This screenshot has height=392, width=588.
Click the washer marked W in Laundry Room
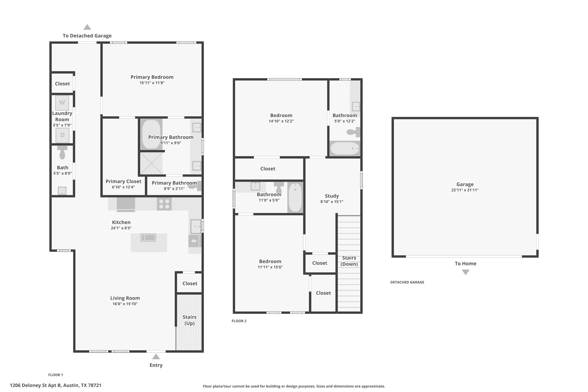point(62,103)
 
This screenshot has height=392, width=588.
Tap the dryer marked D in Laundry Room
point(62,135)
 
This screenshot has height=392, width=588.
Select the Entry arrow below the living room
point(156,357)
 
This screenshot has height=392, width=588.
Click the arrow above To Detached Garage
point(87,27)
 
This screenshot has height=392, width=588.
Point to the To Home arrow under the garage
point(465,272)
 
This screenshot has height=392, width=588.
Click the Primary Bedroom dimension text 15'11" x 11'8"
point(152,83)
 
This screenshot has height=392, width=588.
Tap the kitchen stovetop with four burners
point(164,204)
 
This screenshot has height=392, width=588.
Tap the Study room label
point(332,196)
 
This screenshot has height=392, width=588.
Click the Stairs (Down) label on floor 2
point(349,261)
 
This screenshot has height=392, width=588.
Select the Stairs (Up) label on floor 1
point(189,320)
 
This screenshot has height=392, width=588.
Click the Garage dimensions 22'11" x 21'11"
point(465,190)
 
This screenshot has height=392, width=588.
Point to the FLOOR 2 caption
point(239,321)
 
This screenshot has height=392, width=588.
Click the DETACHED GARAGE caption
point(407,282)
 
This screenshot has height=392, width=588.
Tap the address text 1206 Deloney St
point(55,385)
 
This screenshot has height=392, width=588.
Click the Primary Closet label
point(123,181)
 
